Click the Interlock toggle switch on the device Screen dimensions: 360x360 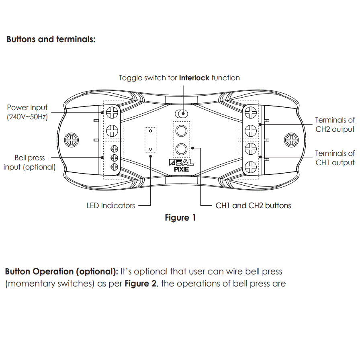(181, 114)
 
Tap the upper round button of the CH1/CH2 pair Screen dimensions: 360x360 (181, 131)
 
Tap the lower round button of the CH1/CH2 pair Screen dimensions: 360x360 (181, 149)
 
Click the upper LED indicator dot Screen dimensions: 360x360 (150, 131)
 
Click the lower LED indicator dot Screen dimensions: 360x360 (150, 149)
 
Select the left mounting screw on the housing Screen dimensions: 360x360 (72, 140)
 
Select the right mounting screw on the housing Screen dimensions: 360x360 (290, 140)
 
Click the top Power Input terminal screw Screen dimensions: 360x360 (112, 113)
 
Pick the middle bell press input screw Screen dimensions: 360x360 (114, 157)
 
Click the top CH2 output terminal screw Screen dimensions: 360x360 (250, 113)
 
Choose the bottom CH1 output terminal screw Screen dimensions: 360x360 (250, 166)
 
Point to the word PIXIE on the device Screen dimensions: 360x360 (182, 169)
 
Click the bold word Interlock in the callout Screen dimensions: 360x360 (194, 78)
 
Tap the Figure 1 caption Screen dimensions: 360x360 (180, 218)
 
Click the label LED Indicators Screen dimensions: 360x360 (111, 205)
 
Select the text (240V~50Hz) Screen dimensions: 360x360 (27, 117)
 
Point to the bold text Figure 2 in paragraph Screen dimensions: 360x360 (140, 284)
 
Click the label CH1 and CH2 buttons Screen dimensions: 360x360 (253, 205)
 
